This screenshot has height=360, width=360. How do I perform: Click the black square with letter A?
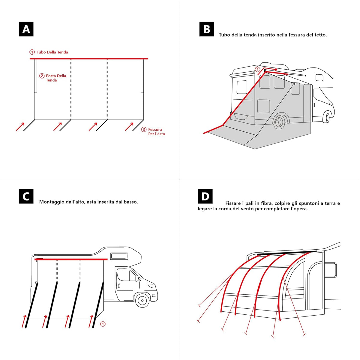coord(26,29)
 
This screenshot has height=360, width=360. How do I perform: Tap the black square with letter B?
coord(207,29)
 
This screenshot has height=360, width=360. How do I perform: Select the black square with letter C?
coord(26,196)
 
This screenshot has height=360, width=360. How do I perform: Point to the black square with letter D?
coord(205,196)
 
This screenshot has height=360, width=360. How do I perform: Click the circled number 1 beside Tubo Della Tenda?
coord(32,52)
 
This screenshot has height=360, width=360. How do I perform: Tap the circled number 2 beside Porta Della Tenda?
coord(42,76)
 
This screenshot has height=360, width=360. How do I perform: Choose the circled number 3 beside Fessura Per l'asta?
coord(144,130)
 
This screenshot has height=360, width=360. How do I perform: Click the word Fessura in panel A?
coord(155,130)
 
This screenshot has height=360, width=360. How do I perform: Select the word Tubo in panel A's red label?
coord(41,52)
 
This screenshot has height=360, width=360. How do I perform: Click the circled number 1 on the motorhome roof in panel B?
coord(257,70)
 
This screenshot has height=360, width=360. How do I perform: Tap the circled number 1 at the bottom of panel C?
coord(103,324)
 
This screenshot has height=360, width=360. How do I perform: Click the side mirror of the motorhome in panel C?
coord(137,278)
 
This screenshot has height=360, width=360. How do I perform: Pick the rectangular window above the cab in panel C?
coord(119,256)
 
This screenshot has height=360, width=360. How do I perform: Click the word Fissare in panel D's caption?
coord(233,203)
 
